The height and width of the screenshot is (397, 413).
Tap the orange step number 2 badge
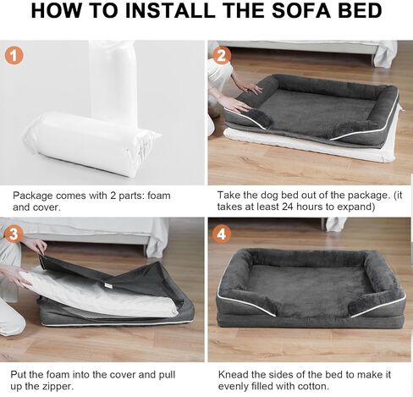coord(223,57)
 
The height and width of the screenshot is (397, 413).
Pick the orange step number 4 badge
coord(223,234)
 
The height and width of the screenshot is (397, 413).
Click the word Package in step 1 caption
coord(34,196)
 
